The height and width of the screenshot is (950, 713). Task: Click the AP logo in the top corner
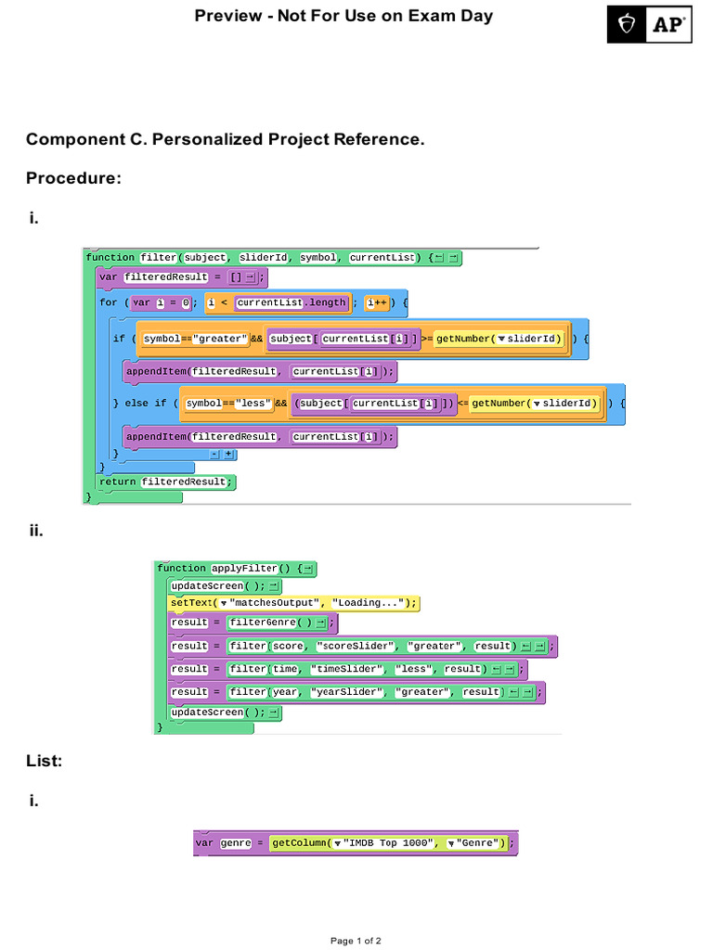[650, 24]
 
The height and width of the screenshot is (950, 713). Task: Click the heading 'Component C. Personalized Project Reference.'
[225, 139]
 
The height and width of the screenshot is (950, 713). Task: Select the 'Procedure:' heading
[73, 178]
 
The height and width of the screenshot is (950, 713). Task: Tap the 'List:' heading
[45, 761]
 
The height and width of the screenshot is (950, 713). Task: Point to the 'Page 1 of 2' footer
[356, 940]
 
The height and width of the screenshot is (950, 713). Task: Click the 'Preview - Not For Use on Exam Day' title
[344, 16]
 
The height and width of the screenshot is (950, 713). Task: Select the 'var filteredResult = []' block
[182, 276]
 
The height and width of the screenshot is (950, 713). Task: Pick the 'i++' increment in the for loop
[377, 302]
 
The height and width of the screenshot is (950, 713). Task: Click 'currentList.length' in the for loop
[292, 302]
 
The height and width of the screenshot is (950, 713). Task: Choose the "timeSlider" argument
[344, 669]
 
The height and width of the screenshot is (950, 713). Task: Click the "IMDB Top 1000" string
[387, 843]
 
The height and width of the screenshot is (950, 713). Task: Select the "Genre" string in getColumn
[479, 843]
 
